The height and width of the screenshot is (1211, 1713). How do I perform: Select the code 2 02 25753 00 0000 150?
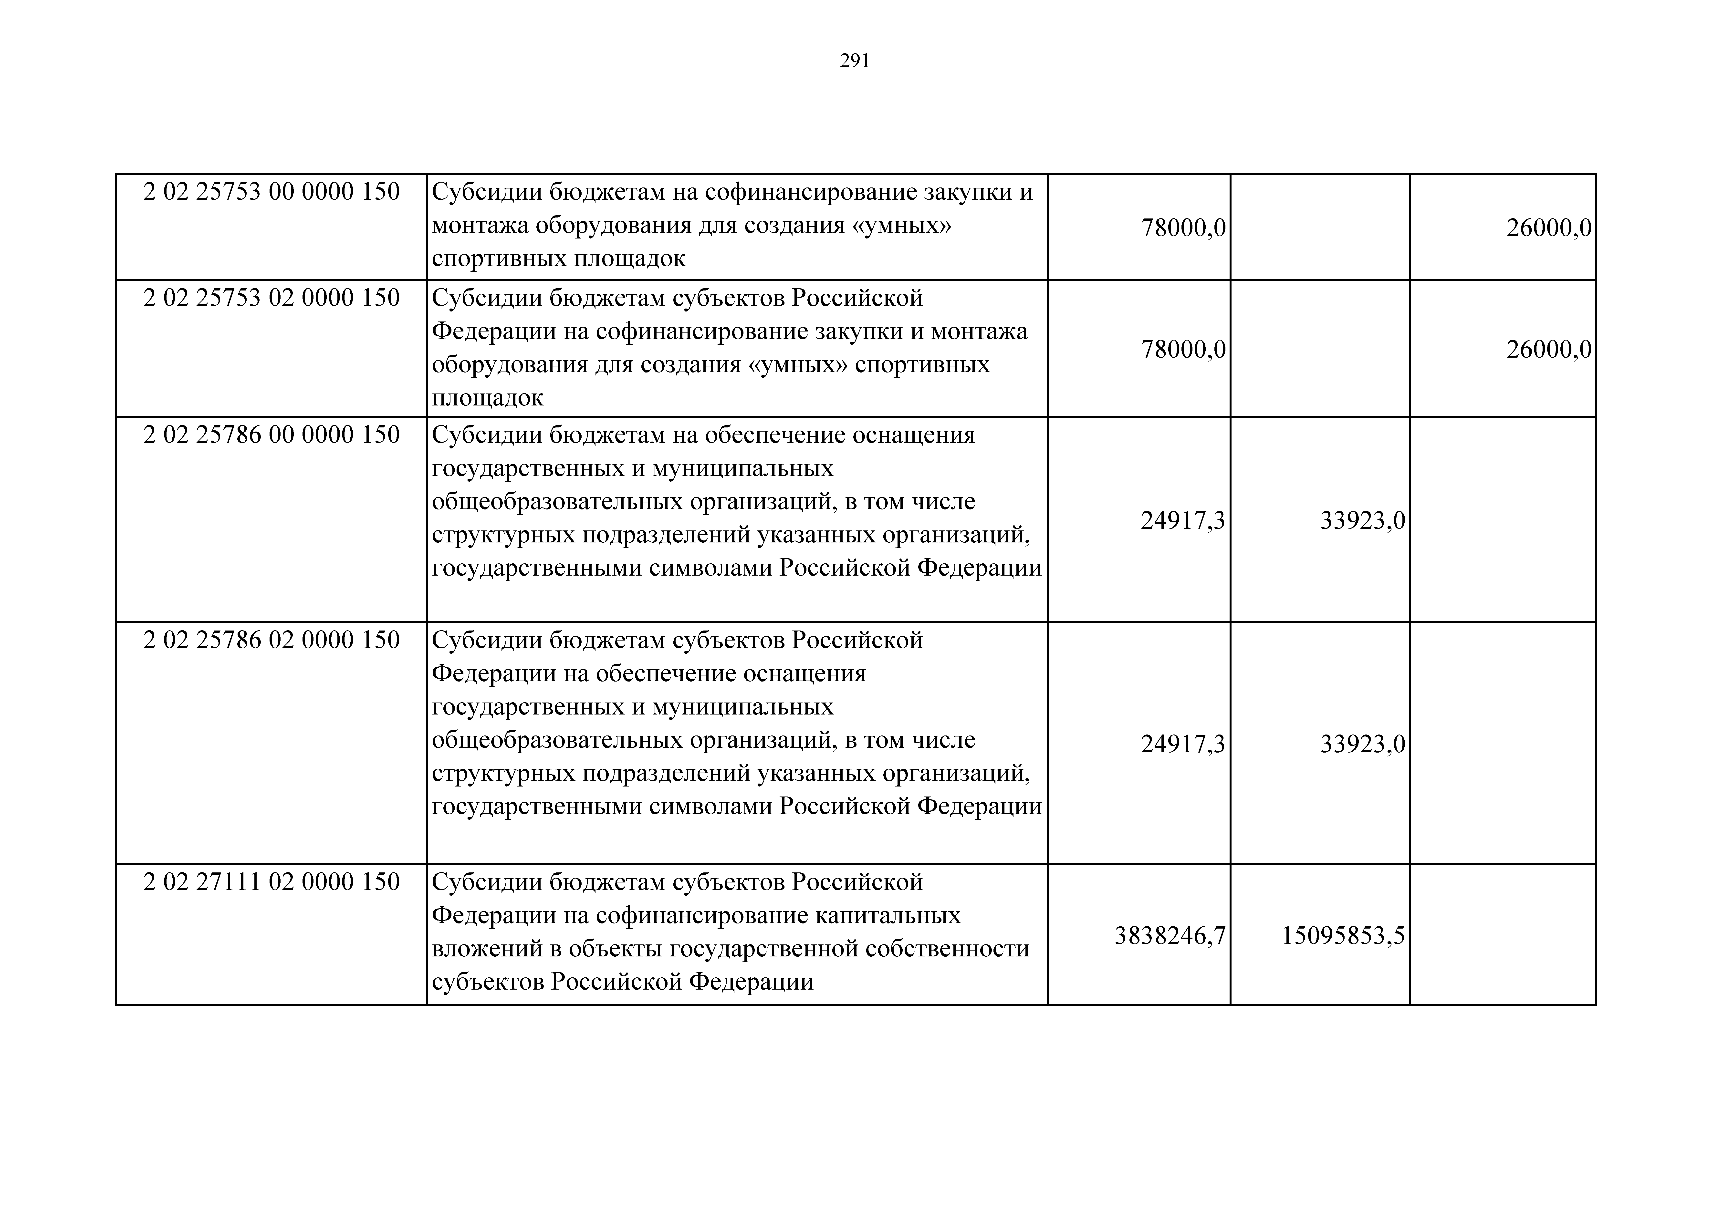click(x=272, y=192)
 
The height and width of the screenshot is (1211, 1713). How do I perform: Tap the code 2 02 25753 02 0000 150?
click(x=272, y=298)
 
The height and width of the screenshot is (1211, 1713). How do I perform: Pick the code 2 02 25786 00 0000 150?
click(x=272, y=434)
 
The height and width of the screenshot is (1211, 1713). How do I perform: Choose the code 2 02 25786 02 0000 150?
click(x=272, y=640)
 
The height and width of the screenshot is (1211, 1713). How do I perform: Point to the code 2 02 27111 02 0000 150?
click(x=272, y=882)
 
